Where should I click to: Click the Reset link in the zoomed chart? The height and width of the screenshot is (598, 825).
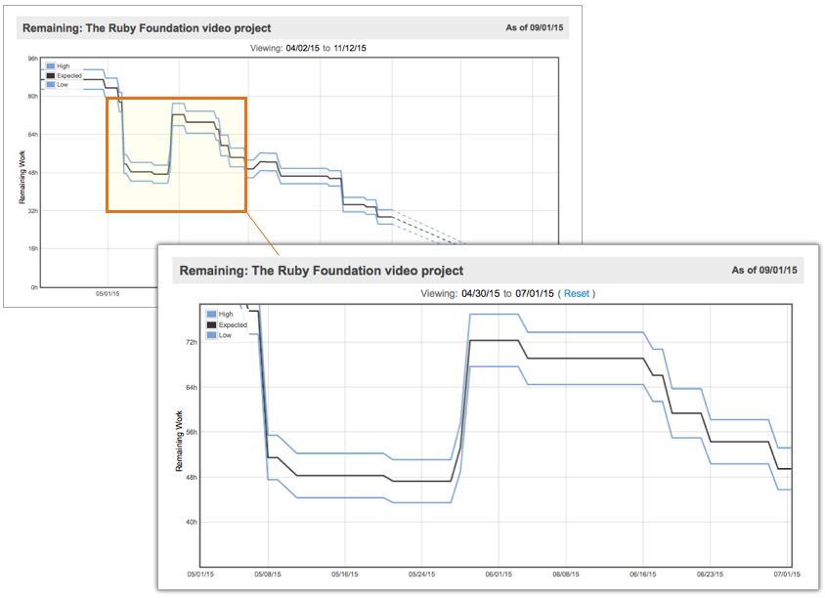coord(577,293)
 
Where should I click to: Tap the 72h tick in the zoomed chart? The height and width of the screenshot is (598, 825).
coord(191,343)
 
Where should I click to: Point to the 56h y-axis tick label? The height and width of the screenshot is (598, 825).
coord(191,432)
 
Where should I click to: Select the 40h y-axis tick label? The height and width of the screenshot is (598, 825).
coord(191,522)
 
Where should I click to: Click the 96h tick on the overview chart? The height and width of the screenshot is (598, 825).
coord(32,59)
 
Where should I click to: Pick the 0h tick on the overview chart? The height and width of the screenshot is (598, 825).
coord(33,287)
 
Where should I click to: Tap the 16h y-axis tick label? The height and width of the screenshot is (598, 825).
coord(32,249)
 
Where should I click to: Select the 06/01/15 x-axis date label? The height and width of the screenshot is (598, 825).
coord(499,575)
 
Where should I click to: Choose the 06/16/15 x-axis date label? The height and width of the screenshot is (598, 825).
coord(642,575)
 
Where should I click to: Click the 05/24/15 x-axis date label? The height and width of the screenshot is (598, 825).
coord(421,575)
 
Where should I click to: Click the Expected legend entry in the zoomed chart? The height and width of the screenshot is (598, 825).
coord(233,324)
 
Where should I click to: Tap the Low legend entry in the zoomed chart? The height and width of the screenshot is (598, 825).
coord(225,335)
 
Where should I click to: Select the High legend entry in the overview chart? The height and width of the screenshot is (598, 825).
coord(63,65)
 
